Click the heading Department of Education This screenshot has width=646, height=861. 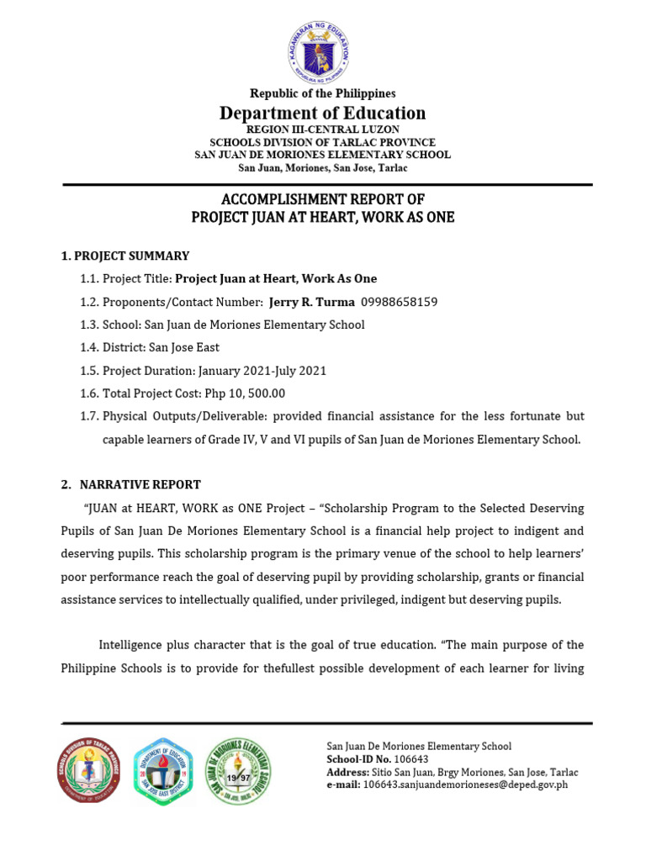click(323, 113)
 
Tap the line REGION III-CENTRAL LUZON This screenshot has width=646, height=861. click(323, 130)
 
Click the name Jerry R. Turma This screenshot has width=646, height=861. click(311, 301)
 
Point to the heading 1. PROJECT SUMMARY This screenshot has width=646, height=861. click(125, 256)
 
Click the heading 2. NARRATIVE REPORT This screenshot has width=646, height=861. click(130, 484)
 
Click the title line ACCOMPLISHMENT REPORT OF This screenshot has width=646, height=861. click(323, 199)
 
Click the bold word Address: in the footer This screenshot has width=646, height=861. click(347, 772)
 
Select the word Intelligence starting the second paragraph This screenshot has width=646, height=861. click(133, 645)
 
